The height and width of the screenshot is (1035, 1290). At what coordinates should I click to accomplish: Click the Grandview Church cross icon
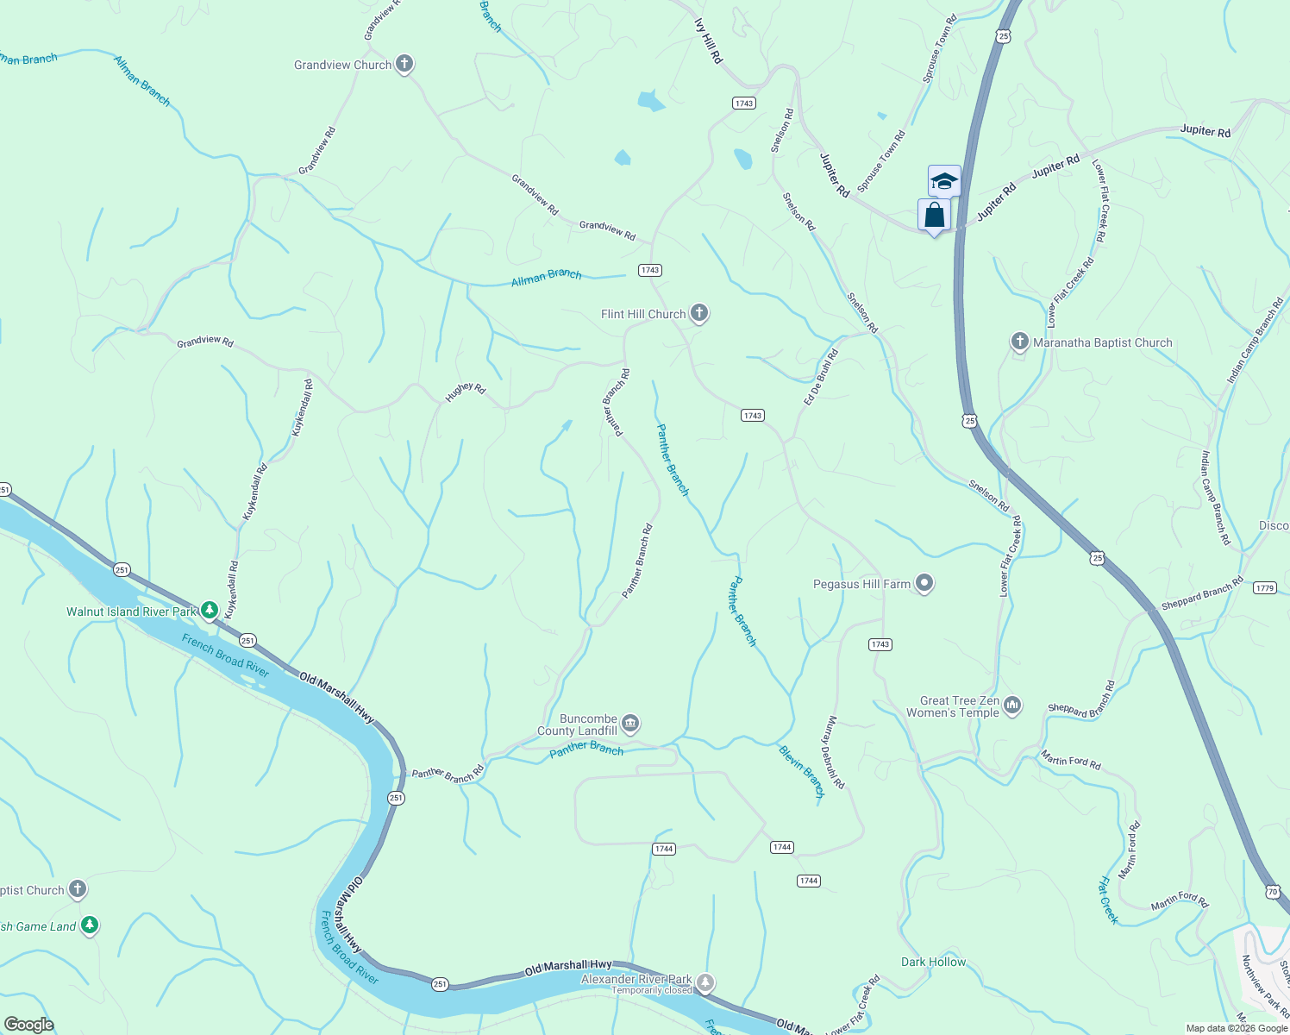[x=404, y=64]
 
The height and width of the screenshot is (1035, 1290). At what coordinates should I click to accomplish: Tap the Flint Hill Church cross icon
[x=699, y=313]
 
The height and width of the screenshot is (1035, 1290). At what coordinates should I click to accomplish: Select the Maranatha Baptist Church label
[x=1102, y=342]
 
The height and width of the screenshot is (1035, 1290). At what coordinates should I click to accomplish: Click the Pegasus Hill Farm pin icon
[x=924, y=584]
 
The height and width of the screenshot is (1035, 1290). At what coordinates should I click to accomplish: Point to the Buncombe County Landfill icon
[x=630, y=723]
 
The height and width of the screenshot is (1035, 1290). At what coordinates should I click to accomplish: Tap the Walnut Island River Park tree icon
[x=209, y=611]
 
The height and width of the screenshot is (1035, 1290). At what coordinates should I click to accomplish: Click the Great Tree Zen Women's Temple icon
[x=1012, y=706]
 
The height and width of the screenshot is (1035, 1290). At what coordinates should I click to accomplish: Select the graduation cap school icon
[x=944, y=181]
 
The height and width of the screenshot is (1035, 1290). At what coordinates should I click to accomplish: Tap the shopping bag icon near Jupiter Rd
[x=934, y=215]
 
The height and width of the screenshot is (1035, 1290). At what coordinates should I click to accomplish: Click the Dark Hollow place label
[x=933, y=962]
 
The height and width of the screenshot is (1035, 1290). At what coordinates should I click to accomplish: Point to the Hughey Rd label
[x=466, y=392]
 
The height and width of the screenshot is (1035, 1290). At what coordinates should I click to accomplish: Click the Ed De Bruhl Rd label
[x=821, y=377]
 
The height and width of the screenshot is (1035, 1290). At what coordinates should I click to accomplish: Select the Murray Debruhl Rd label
[x=833, y=752]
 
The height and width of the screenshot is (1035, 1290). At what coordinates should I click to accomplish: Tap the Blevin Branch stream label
[x=802, y=772]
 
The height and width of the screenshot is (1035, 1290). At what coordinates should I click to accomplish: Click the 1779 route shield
[x=1264, y=588]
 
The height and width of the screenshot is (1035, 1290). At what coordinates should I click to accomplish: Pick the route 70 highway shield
[x=1273, y=892]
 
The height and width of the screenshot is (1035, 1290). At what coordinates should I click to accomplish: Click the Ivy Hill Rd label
[x=708, y=40]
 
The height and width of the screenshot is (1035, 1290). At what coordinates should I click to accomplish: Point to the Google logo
[x=29, y=1024]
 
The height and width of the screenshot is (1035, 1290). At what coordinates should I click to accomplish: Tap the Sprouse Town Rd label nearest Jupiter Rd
[x=881, y=161]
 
